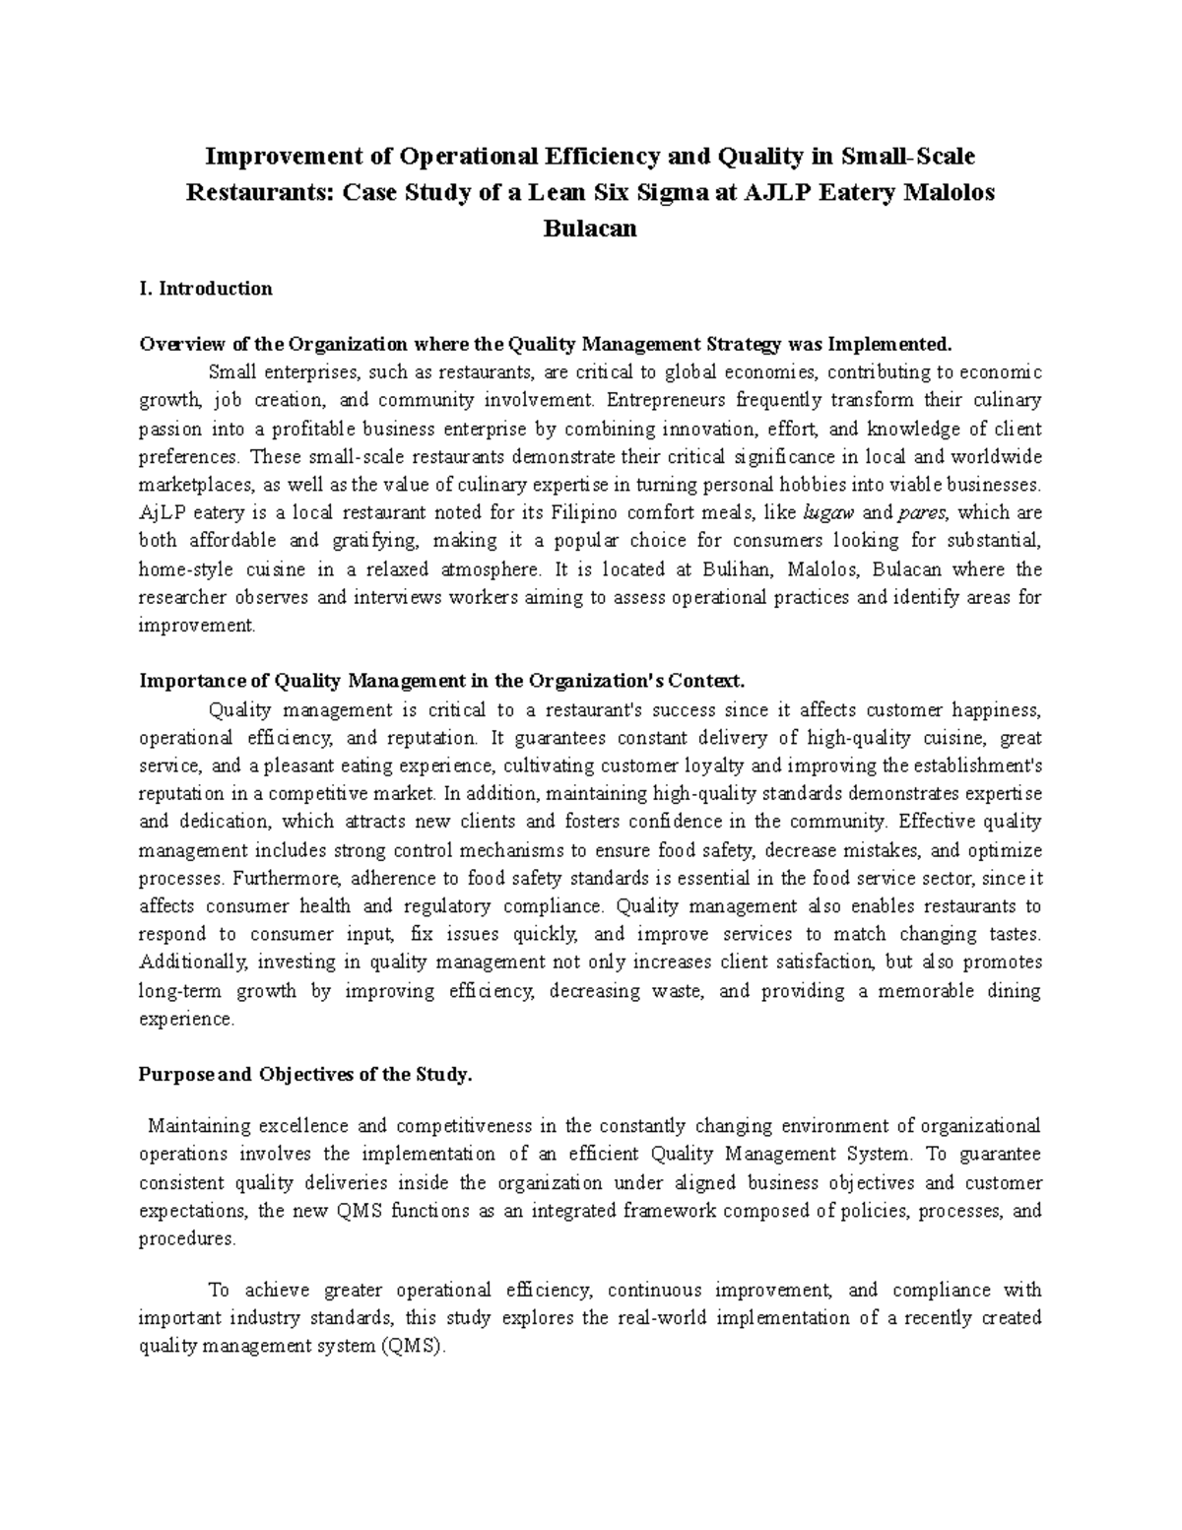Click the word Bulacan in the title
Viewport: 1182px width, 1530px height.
click(x=590, y=229)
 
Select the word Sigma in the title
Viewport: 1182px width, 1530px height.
click(x=672, y=192)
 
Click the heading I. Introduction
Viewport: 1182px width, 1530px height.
click(x=206, y=289)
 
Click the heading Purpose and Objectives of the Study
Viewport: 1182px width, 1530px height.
click(x=306, y=1075)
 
